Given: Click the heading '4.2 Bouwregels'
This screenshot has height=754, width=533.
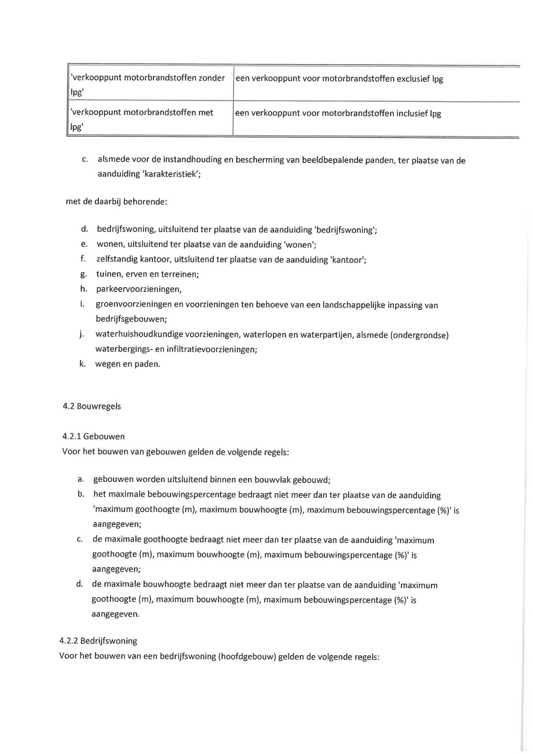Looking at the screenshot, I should click(92, 406).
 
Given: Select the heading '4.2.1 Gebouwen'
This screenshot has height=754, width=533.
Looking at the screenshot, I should click(93, 437).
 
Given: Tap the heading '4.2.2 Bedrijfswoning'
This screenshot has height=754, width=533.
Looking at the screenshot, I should click(98, 641).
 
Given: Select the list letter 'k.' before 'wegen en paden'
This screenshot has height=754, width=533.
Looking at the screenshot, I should click(82, 364).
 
